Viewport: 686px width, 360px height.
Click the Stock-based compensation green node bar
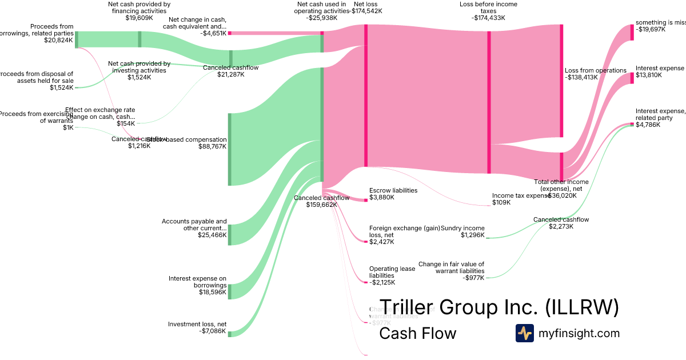pos(230,149)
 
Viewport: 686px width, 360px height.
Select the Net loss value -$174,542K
pos(367,10)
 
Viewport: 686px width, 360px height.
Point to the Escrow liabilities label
pos(393,190)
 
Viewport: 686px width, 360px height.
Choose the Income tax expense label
pos(520,195)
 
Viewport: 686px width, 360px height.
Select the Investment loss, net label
pos(197,324)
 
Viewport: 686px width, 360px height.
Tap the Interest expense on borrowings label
pos(197,282)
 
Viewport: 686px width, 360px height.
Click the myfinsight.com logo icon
pos(524,333)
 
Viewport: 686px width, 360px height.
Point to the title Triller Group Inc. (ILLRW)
pos(499,307)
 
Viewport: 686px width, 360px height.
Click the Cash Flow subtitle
pos(417,333)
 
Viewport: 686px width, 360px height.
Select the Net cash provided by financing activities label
pos(139,7)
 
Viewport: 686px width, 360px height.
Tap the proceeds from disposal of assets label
pos(38,77)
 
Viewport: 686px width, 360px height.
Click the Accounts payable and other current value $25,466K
pos(212,235)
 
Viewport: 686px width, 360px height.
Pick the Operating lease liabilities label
pos(392,272)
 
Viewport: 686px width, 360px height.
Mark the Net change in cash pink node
pos(230,33)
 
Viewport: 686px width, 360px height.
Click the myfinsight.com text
pos(579,333)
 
